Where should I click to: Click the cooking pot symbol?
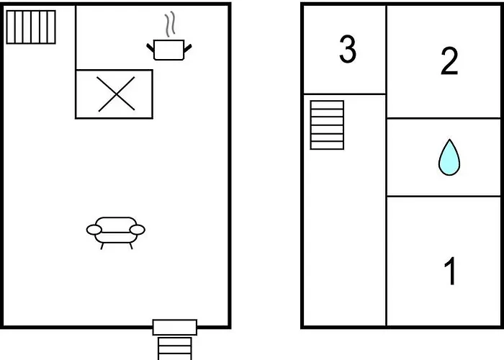[169, 50]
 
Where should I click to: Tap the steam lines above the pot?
[170, 25]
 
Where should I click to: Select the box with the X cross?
[114, 94]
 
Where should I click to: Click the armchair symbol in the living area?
[116, 231]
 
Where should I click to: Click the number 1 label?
[451, 271]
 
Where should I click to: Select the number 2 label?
[449, 62]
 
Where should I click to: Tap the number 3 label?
[348, 50]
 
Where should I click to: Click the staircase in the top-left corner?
[31, 27]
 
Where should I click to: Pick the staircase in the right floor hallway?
[327, 125]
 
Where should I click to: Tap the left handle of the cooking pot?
[151, 48]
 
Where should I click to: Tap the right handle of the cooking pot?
[188, 48]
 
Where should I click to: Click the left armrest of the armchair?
[94, 230]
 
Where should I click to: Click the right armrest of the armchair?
[138, 230]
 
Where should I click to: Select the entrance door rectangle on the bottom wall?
[175, 328]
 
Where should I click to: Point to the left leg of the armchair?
[102, 246]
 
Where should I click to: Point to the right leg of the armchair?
[130, 246]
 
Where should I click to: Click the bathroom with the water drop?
[445, 158]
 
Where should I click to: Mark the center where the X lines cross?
[115, 94]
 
